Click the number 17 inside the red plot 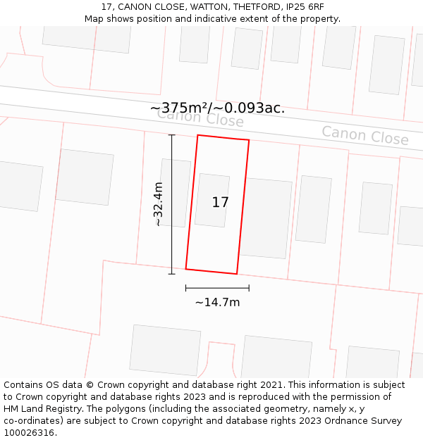pos(220,203)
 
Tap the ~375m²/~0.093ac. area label pos(217,108)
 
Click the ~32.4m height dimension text pos(159,203)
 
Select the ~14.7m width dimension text pos(217,303)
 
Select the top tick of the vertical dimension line pos(171,135)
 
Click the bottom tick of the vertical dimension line pos(171,274)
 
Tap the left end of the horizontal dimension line pos(186,288)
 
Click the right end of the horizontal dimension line pos(249,288)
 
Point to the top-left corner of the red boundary pos(198,135)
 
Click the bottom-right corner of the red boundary pos(236,274)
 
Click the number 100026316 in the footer pos(30,433)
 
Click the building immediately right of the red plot pos(266,218)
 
